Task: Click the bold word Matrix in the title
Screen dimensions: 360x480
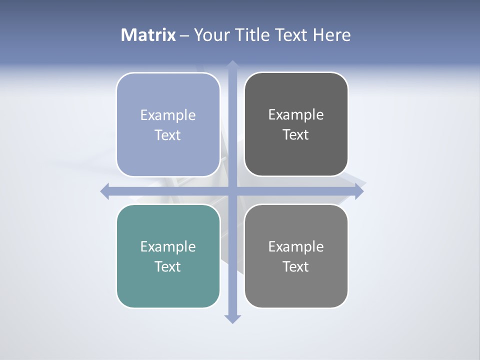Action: pos(148,35)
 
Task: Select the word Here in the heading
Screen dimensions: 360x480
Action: pos(331,35)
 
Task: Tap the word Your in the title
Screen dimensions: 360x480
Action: pos(210,35)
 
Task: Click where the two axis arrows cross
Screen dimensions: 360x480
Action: pos(232,191)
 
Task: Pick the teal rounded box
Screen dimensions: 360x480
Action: pos(168,287)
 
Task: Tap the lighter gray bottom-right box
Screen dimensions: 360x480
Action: pos(296,287)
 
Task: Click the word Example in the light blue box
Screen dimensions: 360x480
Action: pos(168,115)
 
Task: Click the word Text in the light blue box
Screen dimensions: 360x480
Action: pos(168,135)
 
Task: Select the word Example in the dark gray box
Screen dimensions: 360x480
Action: pos(296,115)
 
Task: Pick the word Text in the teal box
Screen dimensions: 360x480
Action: pos(168,266)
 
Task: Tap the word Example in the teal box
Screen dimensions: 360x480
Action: pos(168,247)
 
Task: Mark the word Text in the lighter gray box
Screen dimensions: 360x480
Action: pos(296,266)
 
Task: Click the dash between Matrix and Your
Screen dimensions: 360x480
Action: pos(184,35)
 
